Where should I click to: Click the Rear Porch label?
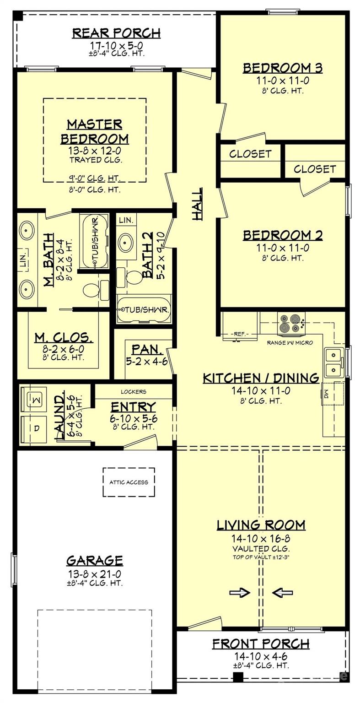pos(116,33)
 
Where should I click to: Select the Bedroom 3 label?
pos(282,68)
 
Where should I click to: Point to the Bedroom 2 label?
pos(282,236)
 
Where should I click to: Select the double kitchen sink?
pos(333,362)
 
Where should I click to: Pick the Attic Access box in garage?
pos(129,482)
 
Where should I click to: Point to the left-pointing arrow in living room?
pos(282,593)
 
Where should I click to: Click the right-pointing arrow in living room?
pos(239,593)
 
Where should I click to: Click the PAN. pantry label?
pos(147,350)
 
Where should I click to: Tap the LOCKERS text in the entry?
pos(133,392)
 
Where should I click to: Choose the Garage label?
pos(95,560)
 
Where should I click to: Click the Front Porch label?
pos(261,644)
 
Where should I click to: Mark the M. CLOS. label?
pos(64,338)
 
